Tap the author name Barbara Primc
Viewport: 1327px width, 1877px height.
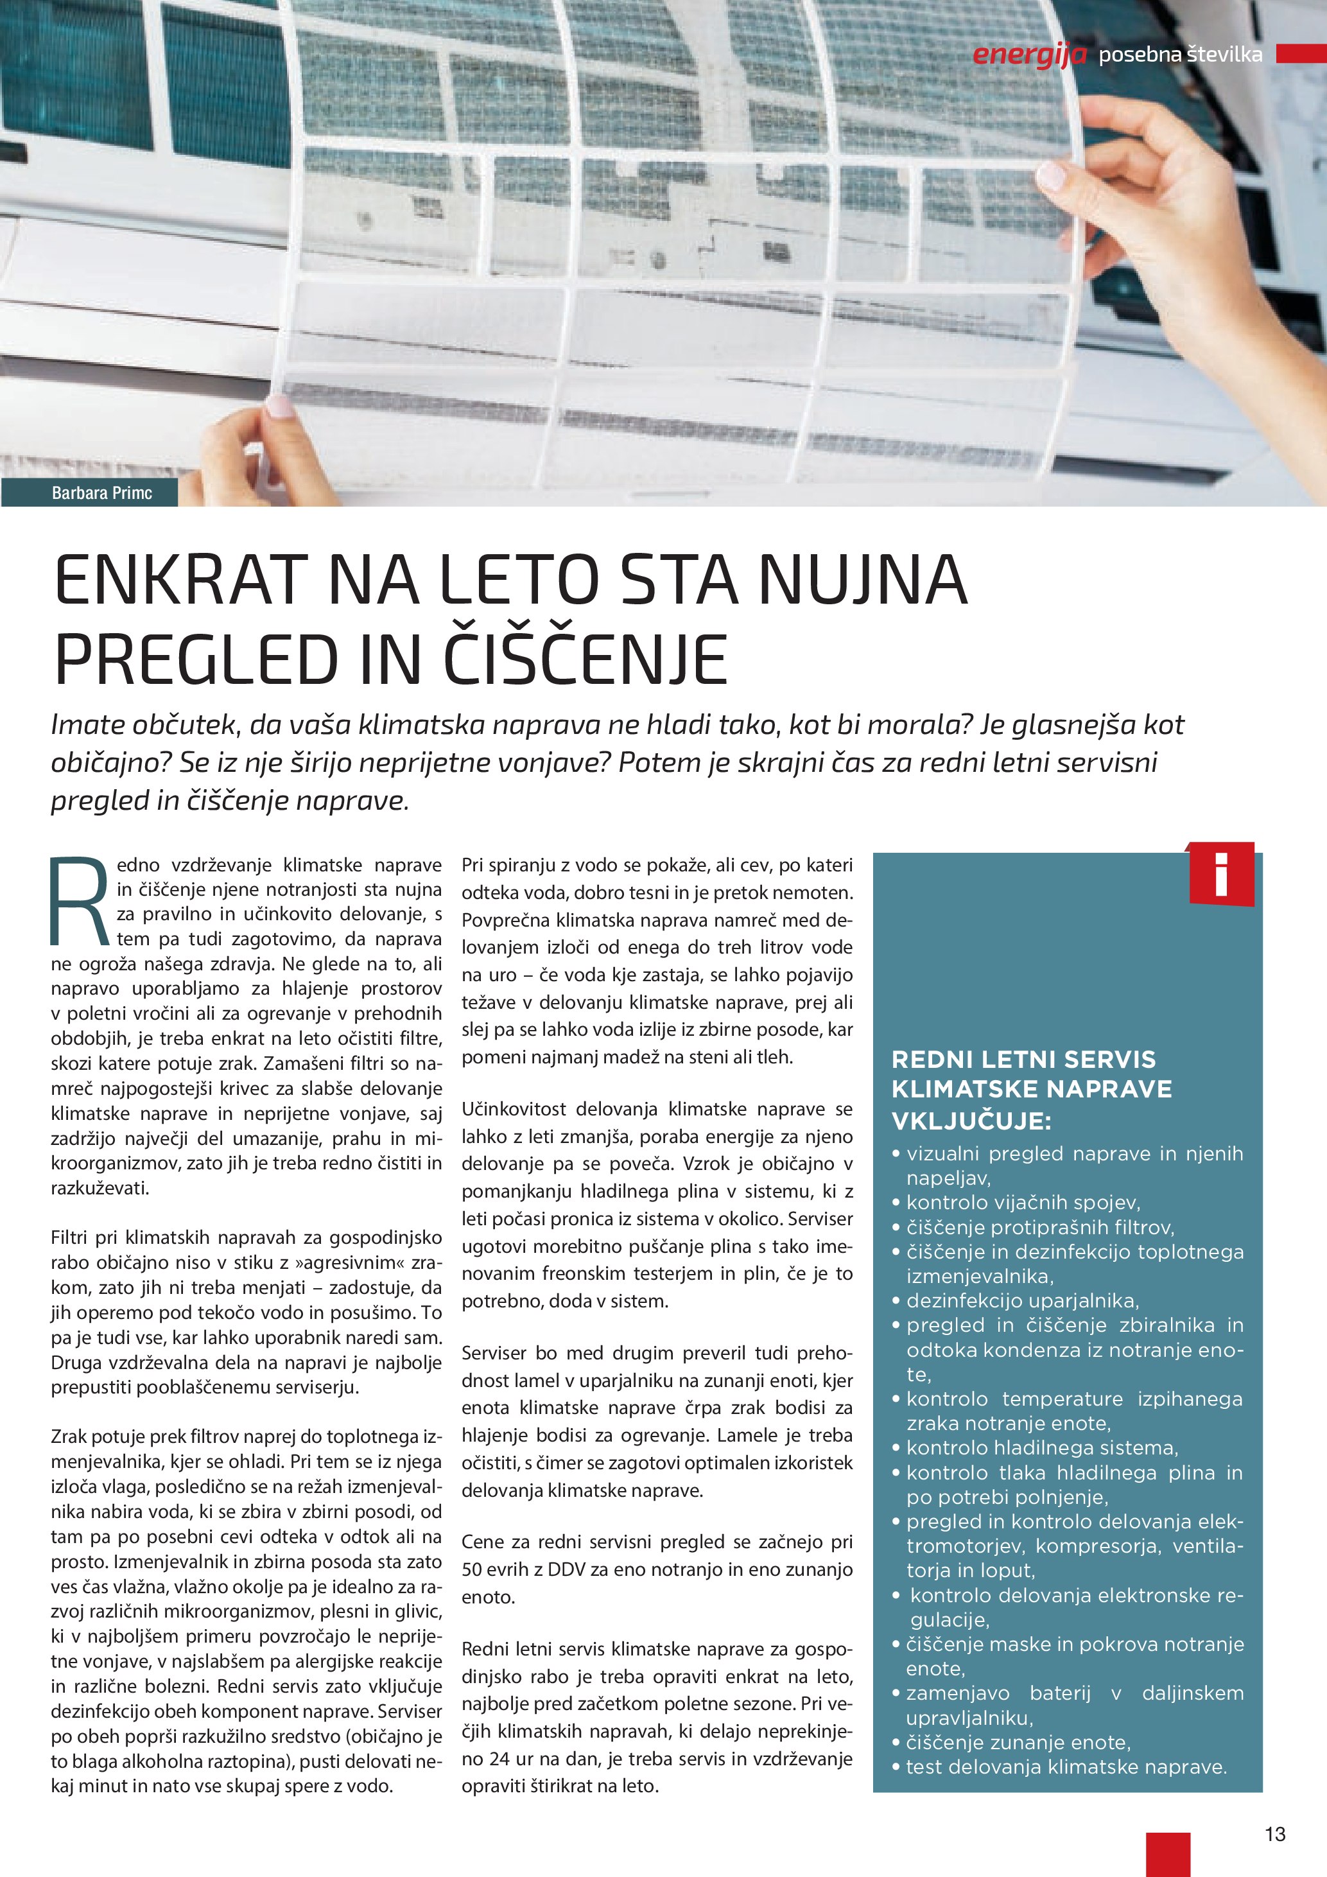coord(101,493)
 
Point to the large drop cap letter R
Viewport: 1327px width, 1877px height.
coord(78,899)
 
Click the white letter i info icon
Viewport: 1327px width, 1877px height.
coord(1221,874)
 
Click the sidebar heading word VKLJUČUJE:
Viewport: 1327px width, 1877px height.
coord(971,1121)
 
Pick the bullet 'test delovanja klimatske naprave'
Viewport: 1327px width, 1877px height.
coord(1066,1767)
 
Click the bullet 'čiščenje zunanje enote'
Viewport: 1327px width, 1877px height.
coord(1018,1742)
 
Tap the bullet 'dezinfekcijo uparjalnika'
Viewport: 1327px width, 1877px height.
coord(1022,1300)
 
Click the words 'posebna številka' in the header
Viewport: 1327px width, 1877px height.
coord(1180,55)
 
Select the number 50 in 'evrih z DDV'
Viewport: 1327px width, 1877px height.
coord(473,1569)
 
